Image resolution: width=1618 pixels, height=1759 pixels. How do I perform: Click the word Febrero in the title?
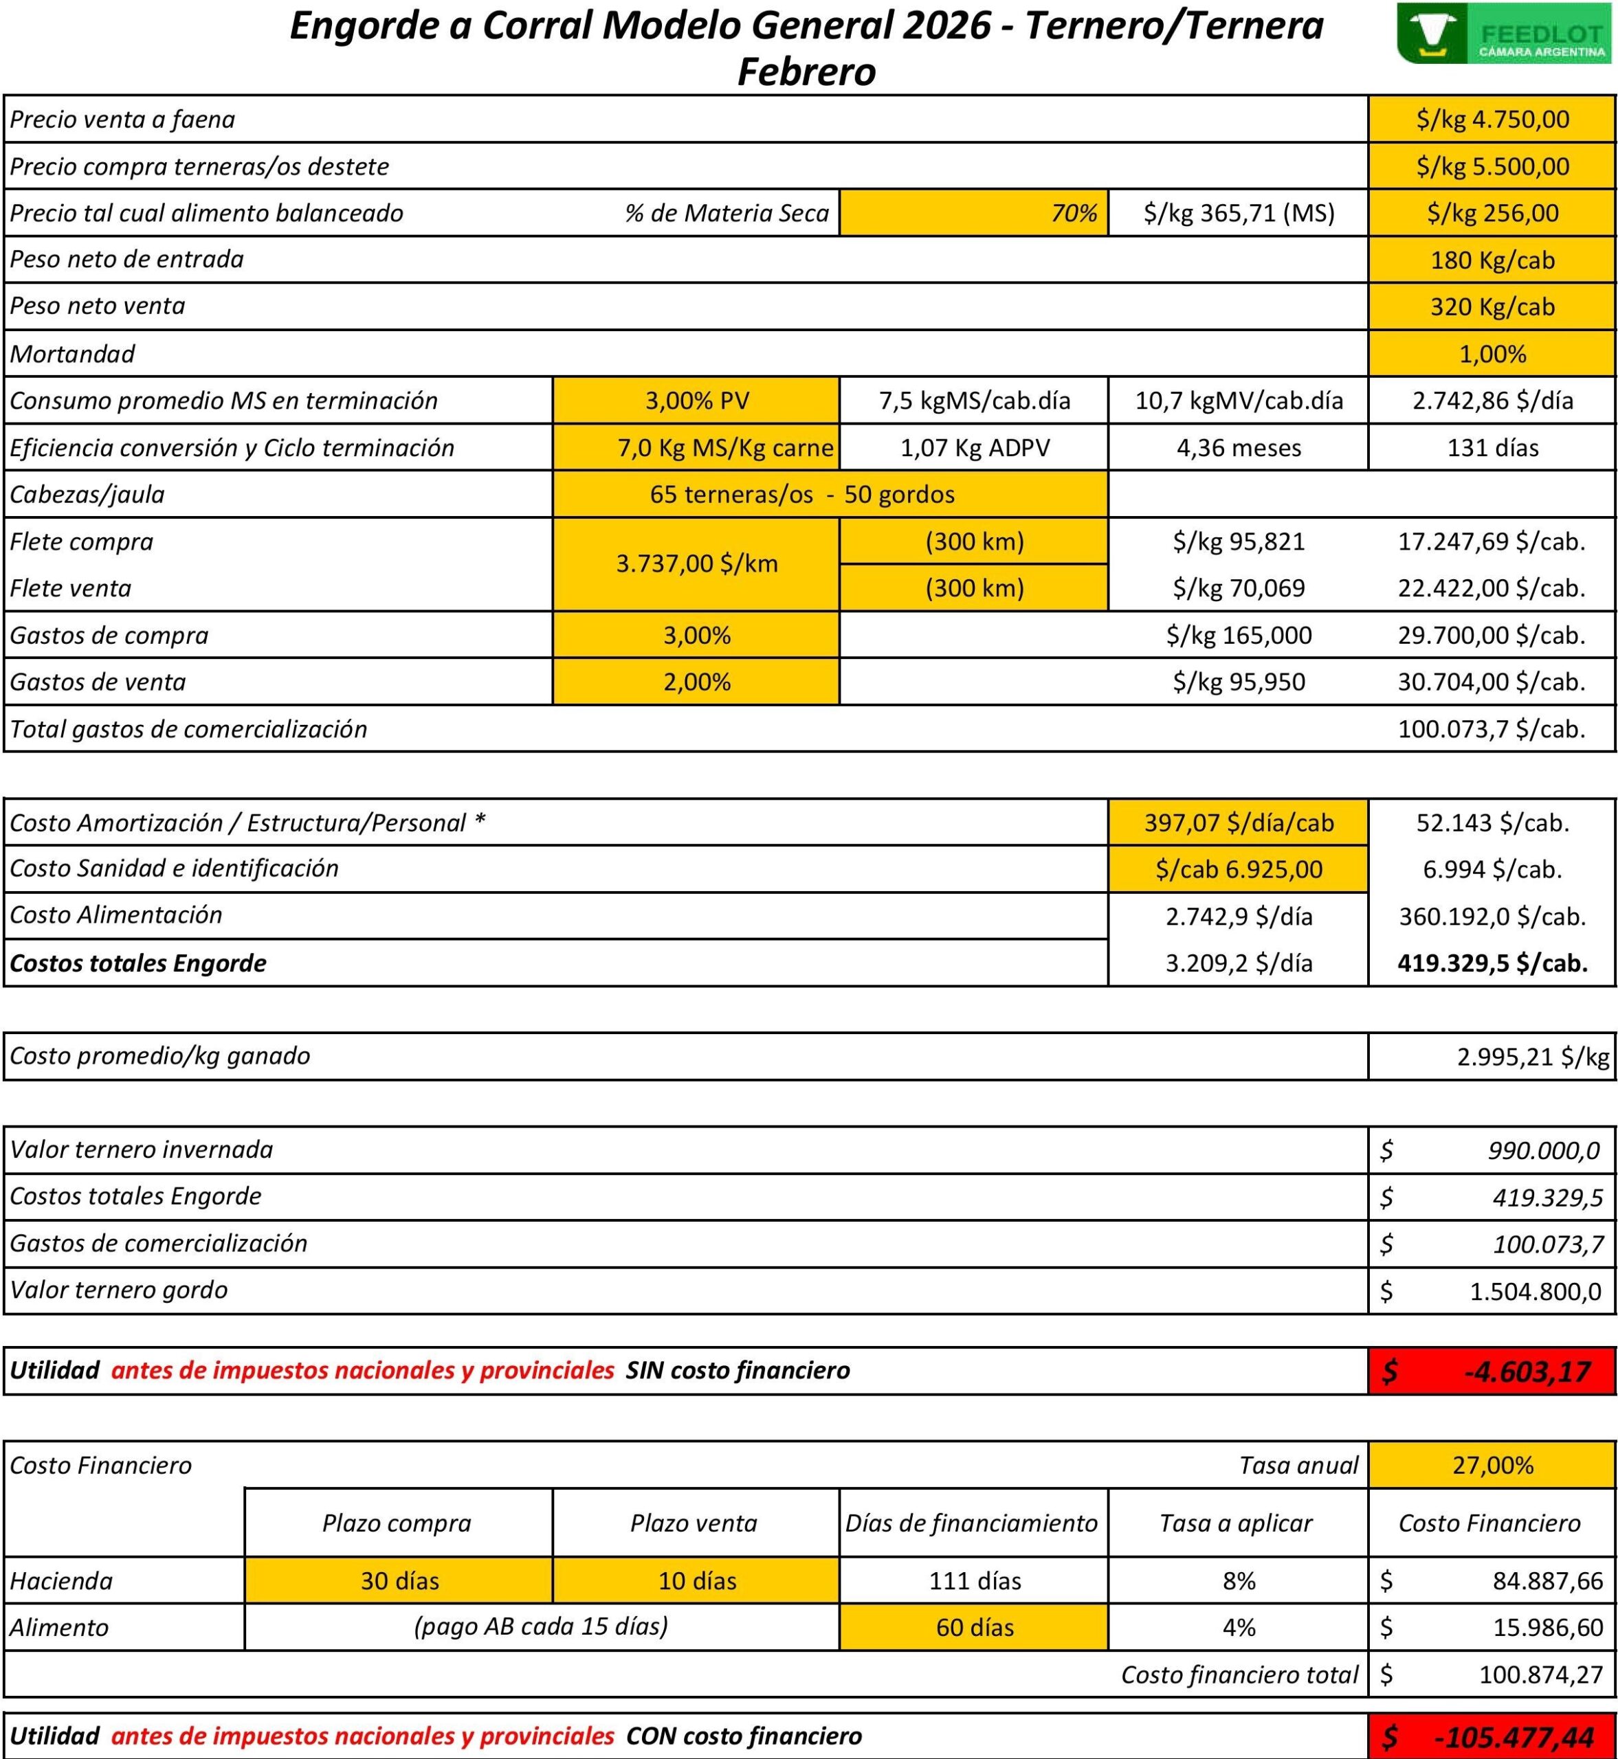(806, 71)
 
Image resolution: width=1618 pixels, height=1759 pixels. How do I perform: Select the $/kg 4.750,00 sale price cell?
(1492, 119)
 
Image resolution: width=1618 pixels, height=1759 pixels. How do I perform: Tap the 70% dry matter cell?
(973, 212)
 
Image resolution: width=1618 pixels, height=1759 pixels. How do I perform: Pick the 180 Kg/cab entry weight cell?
(1492, 260)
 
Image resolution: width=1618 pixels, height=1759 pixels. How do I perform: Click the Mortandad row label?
(73, 354)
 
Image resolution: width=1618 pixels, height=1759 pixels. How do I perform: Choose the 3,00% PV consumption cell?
(696, 401)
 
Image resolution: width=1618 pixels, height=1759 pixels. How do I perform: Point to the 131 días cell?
(1492, 448)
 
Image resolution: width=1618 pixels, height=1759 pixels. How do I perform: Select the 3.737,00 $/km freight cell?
(696, 563)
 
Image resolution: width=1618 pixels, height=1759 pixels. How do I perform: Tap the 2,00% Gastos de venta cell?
(696, 682)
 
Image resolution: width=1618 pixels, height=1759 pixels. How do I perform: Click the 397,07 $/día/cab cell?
(1238, 822)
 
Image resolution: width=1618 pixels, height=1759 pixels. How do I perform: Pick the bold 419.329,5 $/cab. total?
(1492, 963)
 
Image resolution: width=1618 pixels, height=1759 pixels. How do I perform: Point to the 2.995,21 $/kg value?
(1532, 1056)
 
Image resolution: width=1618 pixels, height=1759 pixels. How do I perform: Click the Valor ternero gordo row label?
(119, 1290)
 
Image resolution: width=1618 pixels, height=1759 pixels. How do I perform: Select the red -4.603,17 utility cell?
(1492, 1371)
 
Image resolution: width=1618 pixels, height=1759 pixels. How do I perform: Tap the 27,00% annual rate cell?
(1492, 1465)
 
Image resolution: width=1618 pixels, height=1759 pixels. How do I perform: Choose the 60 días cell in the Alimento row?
(973, 1628)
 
